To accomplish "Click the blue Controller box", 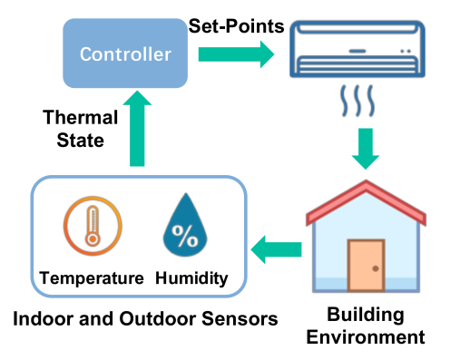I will pyautogui.click(x=125, y=54).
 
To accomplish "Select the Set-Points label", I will pyautogui.click(x=239, y=24).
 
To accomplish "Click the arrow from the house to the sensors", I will pyautogui.click(x=276, y=245).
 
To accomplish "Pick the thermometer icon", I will pyautogui.click(x=93, y=225).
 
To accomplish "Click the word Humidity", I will pyautogui.click(x=192, y=277).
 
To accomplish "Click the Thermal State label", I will pyautogui.click(x=80, y=130).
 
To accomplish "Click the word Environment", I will pyautogui.click(x=365, y=338).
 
